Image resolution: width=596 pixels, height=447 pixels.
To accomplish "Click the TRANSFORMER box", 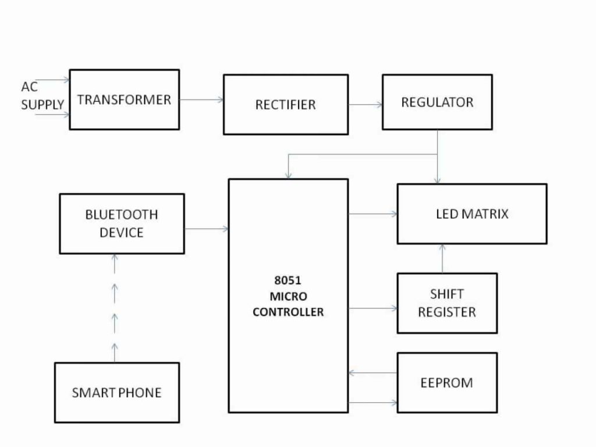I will (x=124, y=100).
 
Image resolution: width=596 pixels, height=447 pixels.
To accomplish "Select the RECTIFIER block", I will (x=285, y=105).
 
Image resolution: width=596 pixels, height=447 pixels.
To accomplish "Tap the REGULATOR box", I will (x=437, y=102).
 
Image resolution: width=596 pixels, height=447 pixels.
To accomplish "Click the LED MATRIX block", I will (x=471, y=214).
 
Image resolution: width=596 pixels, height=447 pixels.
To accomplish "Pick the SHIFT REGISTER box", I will (x=446, y=303).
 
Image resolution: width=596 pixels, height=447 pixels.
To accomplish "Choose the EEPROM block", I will (x=446, y=382).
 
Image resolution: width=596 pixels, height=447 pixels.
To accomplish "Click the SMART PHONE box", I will (x=116, y=392).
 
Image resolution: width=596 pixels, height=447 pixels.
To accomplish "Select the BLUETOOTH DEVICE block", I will (x=122, y=223).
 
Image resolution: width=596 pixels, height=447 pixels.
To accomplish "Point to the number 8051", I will (x=288, y=281).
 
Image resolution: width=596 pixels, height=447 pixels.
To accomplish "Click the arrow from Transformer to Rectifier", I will (x=201, y=100).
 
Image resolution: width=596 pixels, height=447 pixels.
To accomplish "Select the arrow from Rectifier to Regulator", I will (x=365, y=105).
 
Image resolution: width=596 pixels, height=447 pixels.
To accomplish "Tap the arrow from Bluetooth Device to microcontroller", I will (x=206, y=229).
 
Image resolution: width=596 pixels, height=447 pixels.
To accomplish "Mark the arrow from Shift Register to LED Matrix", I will (x=442, y=258).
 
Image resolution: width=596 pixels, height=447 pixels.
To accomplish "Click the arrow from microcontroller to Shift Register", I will (x=372, y=308).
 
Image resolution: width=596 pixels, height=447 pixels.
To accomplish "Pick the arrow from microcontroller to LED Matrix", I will (x=372, y=214).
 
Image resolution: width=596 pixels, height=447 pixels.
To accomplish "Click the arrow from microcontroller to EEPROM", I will (x=372, y=402).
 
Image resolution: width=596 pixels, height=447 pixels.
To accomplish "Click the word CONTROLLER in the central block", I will (x=288, y=312).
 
